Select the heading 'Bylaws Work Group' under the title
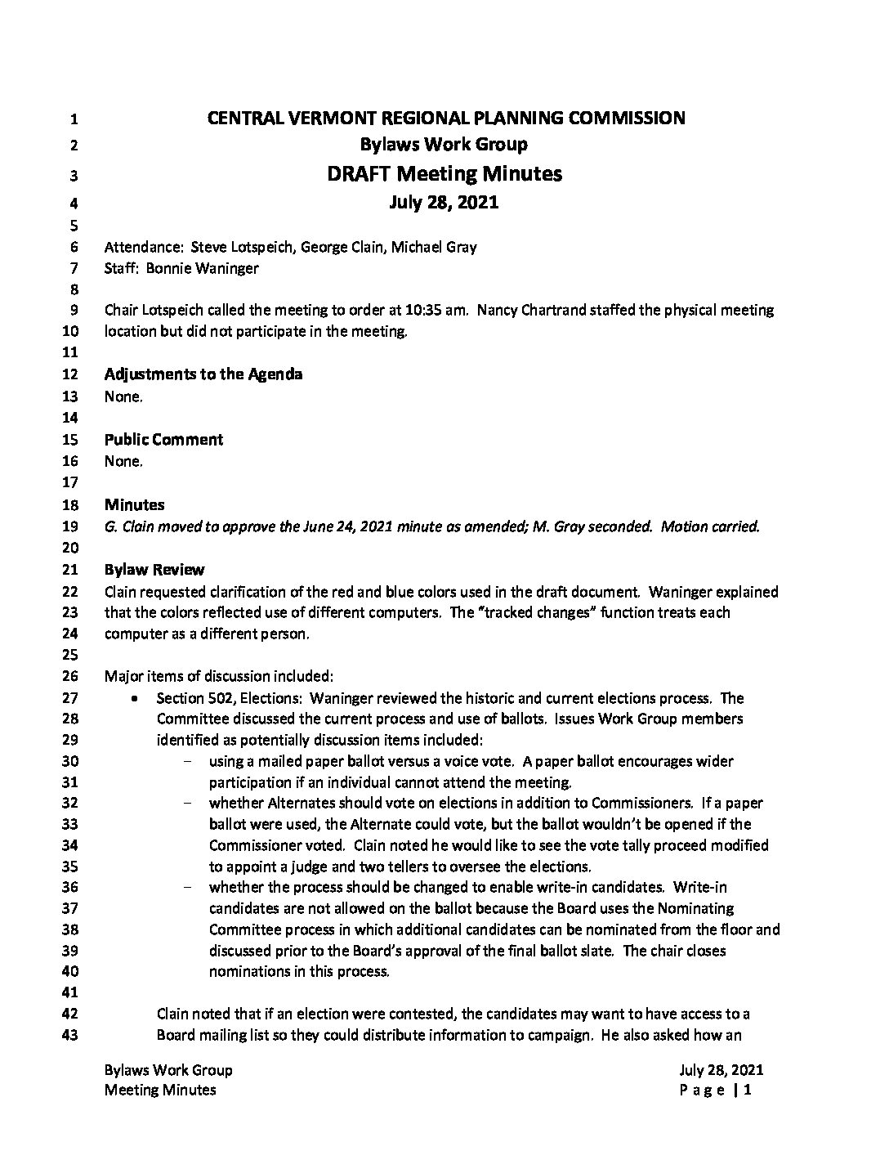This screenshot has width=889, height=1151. [x=444, y=145]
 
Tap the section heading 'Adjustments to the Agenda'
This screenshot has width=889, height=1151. [x=203, y=374]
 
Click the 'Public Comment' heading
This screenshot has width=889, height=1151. [x=163, y=440]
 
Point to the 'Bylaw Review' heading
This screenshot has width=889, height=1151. [x=154, y=570]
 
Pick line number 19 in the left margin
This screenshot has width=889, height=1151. [x=70, y=527]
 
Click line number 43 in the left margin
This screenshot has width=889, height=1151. [x=70, y=1036]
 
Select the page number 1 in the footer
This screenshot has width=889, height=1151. [x=747, y=1090]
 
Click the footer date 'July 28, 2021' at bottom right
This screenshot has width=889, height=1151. [x=721, y=1070]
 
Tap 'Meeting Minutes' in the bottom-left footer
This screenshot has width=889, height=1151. [x=160, y=1090]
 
